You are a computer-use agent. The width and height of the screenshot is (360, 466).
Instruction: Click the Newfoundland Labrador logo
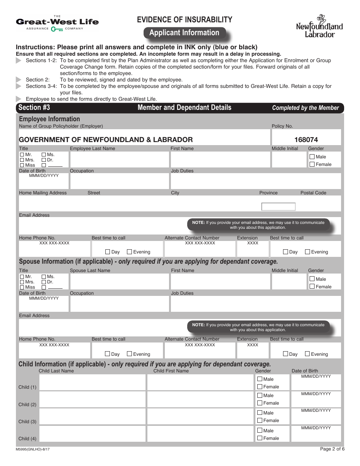(x=319, y=26)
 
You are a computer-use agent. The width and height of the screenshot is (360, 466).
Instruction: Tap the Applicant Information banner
(x=184, y=33)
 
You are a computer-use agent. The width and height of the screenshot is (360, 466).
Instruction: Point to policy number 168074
(x=306, y=140)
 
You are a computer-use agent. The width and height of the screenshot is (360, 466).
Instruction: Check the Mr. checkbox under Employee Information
(x=22, y=155)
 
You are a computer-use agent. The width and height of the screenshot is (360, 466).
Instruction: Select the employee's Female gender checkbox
(x=312, y=164)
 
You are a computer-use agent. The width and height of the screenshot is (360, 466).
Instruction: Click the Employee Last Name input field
(x=119, y=160)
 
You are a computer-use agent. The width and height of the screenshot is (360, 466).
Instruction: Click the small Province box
(x=278, y=206)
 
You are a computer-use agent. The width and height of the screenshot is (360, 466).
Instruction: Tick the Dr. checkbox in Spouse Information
(x=44, y=282)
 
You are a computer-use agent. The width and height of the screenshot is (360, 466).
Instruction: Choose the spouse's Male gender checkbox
(x=312, y=279)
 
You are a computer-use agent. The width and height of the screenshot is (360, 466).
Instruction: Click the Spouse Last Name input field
(x=119, y=281)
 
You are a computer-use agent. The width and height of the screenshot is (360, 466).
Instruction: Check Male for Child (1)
(x=260, y=379)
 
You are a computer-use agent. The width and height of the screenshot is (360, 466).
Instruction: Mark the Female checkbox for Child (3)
(x=260, y=421)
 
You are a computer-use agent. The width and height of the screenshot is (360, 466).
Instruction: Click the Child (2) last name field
(x=92, y=399)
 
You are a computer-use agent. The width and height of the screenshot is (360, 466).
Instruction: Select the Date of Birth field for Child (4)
(x=316, y=435)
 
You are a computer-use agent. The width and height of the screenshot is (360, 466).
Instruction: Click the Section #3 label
(x=34, y=108)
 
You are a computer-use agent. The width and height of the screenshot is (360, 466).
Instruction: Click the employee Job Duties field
(x=255, y=181)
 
